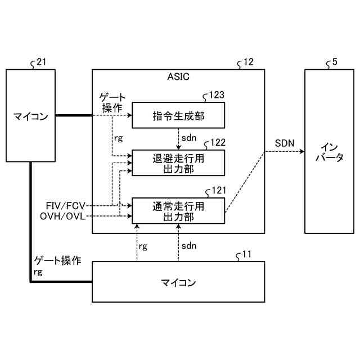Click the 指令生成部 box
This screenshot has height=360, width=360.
(178, 116)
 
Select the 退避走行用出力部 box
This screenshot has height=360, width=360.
(178, 163)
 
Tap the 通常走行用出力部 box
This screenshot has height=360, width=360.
(178, 211)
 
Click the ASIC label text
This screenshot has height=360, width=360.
(178, 76)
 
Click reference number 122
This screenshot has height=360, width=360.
(218, 143)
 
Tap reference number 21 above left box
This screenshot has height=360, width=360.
(40, 62)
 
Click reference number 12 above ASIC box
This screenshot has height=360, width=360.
(247, 62)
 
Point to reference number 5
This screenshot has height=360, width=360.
(335, 62)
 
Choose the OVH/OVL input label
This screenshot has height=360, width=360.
(63, 215)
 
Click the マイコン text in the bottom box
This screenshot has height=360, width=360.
(178, 282)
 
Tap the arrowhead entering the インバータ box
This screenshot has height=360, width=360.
(301, 150)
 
